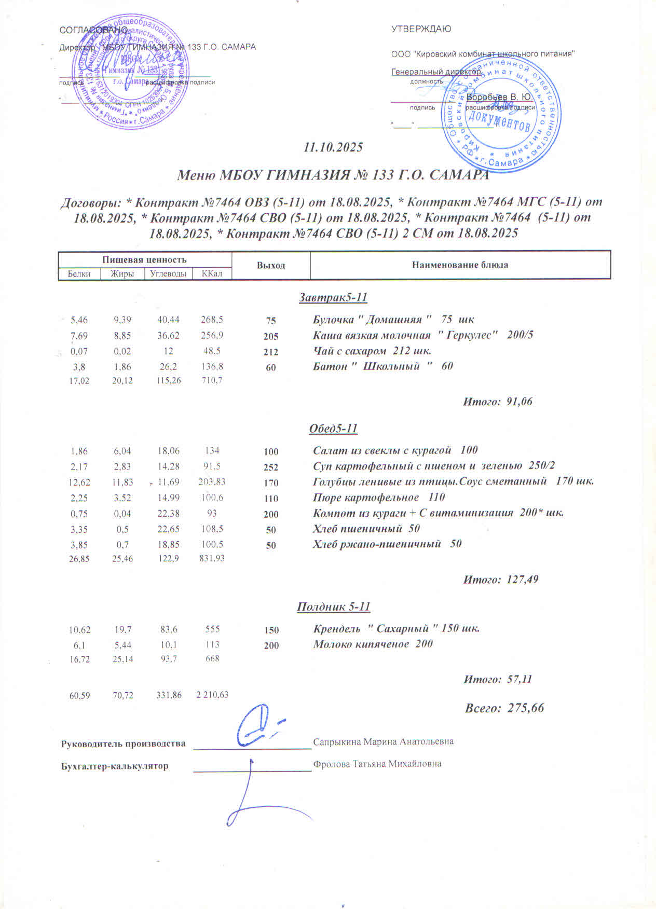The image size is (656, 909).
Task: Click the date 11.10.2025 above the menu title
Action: tap(333, 147)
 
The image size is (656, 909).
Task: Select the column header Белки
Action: tap(79, 273)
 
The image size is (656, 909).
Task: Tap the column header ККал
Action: tap(212, 273)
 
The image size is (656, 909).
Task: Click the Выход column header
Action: tap(271, 265)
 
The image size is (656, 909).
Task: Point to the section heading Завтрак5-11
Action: tap(333, 298)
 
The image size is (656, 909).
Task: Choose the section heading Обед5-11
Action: tap(333, 429)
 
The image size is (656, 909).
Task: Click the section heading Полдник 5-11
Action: tap(333, 607)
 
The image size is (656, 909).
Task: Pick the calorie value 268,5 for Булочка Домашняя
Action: tap(212, 320)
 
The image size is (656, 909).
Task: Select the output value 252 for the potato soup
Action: tap(271, 467)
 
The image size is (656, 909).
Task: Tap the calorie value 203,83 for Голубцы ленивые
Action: tap(212, 482)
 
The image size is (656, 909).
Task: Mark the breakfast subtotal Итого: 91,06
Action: tap(497, 402)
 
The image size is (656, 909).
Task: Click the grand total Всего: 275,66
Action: tap(504, 708)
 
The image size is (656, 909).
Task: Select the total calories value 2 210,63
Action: tap(212, 695)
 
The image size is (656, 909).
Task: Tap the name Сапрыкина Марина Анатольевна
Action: tap(383, 741)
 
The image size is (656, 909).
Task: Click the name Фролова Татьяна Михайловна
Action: tap(377, 764)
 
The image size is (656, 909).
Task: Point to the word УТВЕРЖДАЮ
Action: tap(421, 29)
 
